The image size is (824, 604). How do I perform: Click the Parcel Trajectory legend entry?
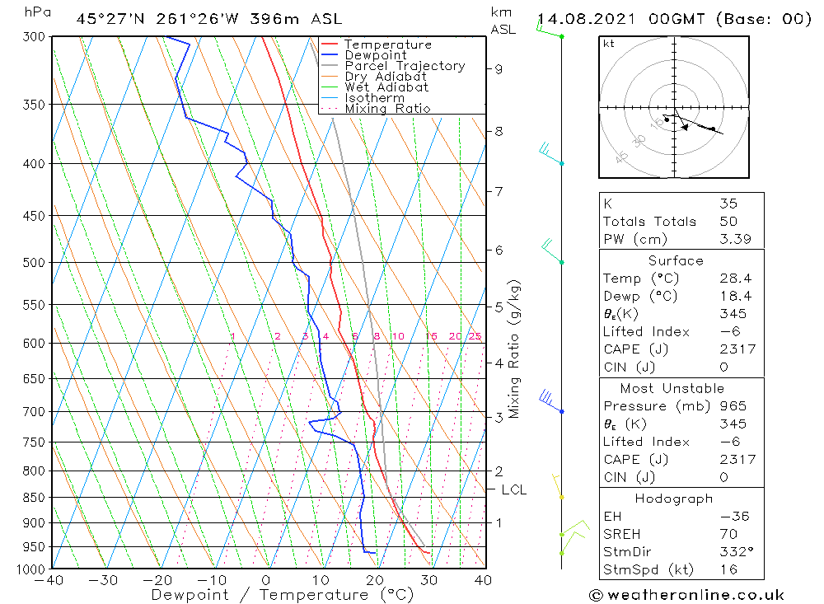point(404,66)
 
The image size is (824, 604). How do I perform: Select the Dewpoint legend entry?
point(375,55)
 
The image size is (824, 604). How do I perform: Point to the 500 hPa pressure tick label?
point(35,263)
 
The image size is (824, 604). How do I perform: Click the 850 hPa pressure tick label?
point(35,498)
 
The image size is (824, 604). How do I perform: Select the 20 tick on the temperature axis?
point(375,580)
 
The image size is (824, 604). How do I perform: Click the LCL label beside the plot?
point(513,489)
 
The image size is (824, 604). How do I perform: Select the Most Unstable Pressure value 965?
point(733,406)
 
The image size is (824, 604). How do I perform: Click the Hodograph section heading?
point(675,499)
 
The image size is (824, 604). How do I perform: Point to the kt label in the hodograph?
point(608,44)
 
